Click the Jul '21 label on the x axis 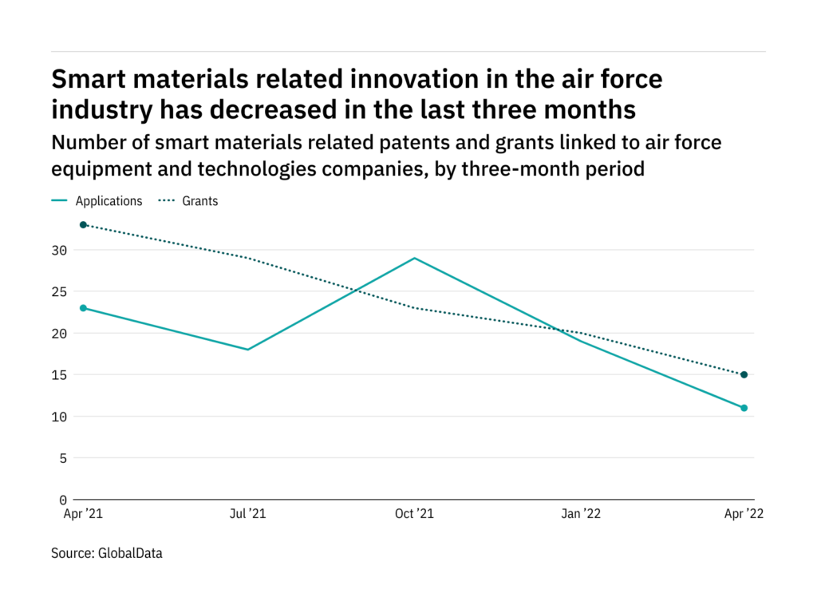(x=247, y=515)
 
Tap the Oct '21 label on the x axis (x=414, y=515)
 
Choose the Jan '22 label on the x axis (x=580, y=515)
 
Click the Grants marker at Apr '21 (x=83, y=225)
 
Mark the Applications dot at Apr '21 (x=83, y=308)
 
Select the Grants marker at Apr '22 (x=744, y=374)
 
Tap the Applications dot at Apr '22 (x=744, y=408)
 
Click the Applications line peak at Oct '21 (x=414, y=258)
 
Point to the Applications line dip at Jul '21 (x=248, y=350)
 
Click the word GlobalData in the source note (x=132, y=552)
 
